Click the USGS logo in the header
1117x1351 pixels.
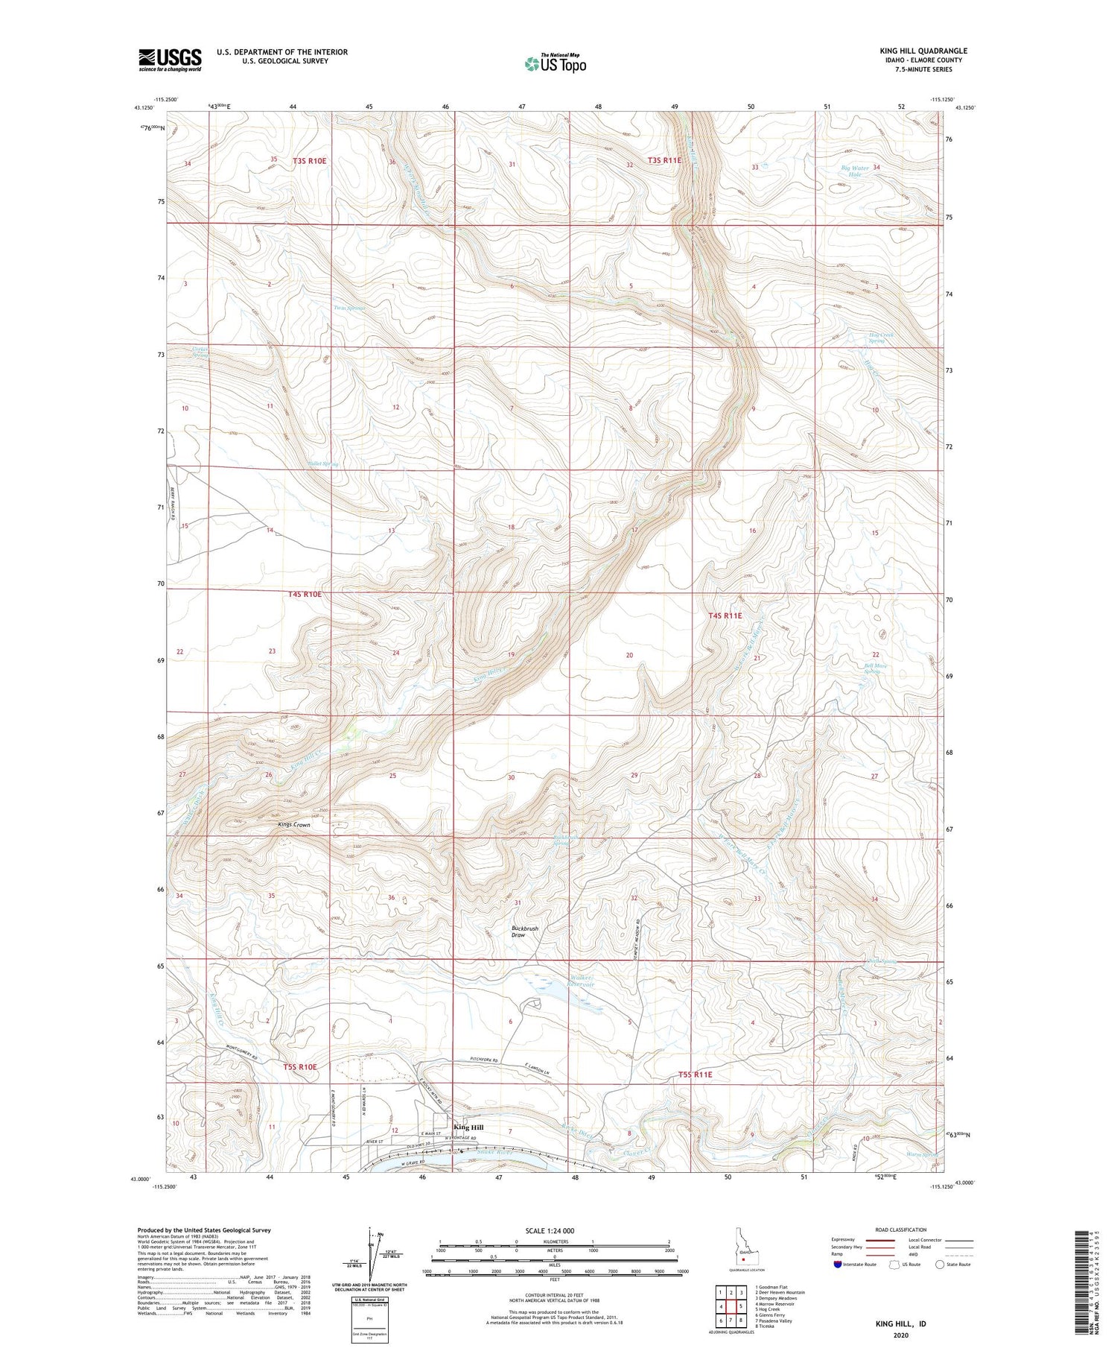[x=170, y=60]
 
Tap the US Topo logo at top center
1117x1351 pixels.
[x=556, y=64]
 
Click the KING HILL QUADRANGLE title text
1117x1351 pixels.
[x=923, y=51]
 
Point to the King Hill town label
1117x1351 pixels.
[x=468, y=1127]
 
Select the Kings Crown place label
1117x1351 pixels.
[x=293, y=825]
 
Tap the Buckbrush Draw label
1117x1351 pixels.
[x=524, y=931]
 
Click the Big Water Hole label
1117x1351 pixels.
[x=855, y=170]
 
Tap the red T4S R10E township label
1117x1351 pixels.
[x=305, y=594]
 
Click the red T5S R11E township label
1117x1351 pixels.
[x=696, y=1075]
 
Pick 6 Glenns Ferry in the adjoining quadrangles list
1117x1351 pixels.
[x=769, y=1315]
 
